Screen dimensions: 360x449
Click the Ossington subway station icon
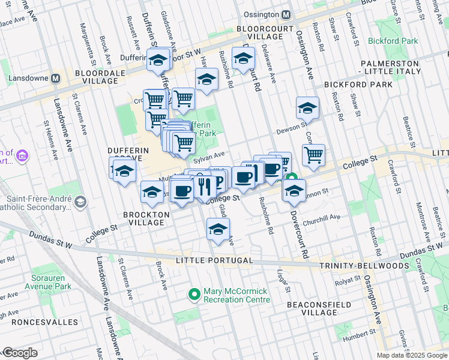(x=287, y=15)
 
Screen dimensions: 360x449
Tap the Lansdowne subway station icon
(x=55, y=78)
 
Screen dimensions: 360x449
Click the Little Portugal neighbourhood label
(x=214, y=261)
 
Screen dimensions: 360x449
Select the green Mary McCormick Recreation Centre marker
(x=194, y=294)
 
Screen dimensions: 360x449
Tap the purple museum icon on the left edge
(x=23, y=156)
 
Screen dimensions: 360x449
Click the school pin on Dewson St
(x=307, y=109)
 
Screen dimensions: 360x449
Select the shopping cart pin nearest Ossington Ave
(x=313, y=155)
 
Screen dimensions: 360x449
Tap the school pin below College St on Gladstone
(x=218, y=229)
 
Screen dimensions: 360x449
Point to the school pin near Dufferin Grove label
(x=124, y=172)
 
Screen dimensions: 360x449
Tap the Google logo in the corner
(x=20, y=353)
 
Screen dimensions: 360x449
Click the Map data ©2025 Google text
(x=411, y=355)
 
